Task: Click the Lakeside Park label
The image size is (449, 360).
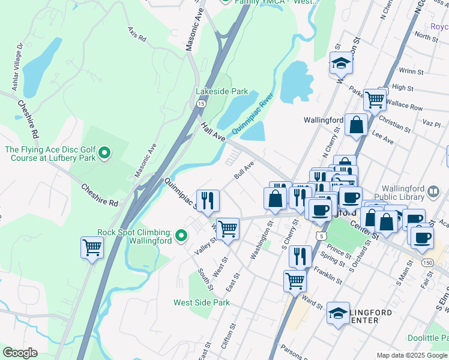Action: coord(221,91)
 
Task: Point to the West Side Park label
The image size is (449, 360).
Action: coord(202,302)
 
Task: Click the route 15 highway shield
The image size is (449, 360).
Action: coord(200,104)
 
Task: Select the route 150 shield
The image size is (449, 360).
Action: coord(427,262)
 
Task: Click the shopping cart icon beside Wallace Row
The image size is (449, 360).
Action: coord(375,100)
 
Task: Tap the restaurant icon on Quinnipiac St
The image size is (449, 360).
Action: coord(208,200)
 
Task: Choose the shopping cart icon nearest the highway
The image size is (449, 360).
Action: coord(92,247)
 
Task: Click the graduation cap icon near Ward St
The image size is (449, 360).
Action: coord(338,313)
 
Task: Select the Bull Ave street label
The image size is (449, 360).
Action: coord(244,172)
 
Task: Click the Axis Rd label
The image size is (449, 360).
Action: coord(137,34)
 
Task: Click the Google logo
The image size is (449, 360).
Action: coord(20,353)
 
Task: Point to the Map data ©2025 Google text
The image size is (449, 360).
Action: coord(412,355)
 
